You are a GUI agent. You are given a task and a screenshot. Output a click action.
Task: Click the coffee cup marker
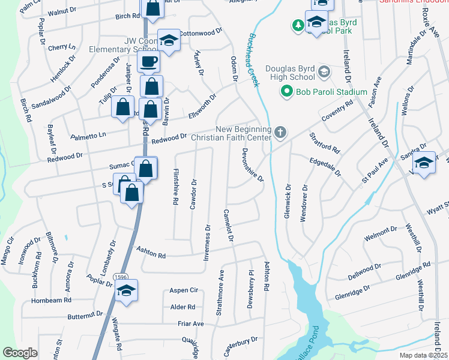point(148,61)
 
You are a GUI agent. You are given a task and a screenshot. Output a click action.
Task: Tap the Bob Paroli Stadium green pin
point(288,92)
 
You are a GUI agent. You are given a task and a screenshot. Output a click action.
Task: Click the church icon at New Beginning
point(280,133)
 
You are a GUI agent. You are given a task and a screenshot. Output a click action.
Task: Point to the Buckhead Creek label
point(252,66)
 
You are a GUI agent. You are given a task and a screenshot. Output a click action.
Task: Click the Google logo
point(20,352)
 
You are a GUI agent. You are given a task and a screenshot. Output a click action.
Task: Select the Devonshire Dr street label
point(252,167)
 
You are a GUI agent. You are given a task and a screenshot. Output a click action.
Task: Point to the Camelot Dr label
point(228,226)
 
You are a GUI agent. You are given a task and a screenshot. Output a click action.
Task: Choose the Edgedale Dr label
point(325,166)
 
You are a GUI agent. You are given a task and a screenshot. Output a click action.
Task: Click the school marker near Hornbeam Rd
point(127,291)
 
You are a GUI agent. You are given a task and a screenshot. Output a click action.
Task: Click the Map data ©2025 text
point(424,355)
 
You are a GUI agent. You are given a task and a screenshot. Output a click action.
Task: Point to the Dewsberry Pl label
point(250,289)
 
